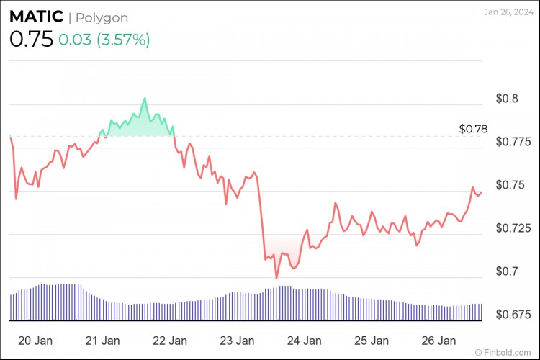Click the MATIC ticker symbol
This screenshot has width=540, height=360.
(x=35, y=17)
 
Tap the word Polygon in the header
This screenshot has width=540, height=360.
(x=102, y=18)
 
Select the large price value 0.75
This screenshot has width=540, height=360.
(x=31, y=40)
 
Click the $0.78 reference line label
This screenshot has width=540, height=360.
(x=473, y=130)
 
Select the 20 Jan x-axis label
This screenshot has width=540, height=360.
(x=33, y=341)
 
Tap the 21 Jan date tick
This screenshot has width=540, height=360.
(x=102, y=341)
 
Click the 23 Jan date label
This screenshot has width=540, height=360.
(x=237, y=341)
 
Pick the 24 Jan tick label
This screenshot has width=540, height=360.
(x=305, y=341)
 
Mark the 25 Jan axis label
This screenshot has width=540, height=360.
(x=372, y=341)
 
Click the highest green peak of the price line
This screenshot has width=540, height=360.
(x=145, y=98)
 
